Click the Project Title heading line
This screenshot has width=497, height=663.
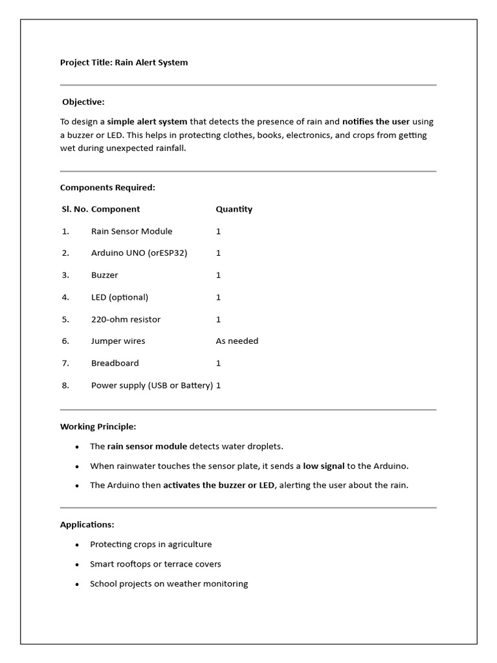point(124,63)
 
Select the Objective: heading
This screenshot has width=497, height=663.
point(83,102)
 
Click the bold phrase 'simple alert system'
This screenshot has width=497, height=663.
point(147,122)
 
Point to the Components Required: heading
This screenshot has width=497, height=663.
point(107,188)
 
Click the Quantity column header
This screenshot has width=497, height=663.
point(234,209)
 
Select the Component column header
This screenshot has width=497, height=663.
point(115,209)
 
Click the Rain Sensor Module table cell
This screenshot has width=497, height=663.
point(131,231)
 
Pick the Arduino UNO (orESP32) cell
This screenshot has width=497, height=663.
point(138,253)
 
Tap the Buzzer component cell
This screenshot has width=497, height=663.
point(104,275)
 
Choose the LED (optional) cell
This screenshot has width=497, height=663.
point(119,297)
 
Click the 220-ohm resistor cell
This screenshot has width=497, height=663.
point(126,319)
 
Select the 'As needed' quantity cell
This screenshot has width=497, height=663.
point(237,341)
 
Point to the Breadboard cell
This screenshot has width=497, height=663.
point(115,363)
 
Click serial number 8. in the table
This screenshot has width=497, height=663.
point(65,385)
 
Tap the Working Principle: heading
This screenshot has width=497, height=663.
point(98,427)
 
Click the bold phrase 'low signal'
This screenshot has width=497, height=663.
point(324,466)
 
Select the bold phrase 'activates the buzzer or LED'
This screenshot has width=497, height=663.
point(219,486)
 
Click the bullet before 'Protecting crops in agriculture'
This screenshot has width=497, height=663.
point(77,545)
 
